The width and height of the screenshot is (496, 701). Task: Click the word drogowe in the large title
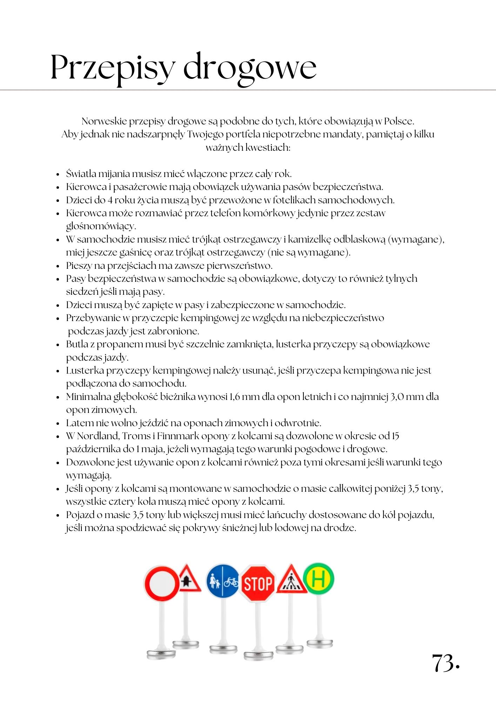coord(250,68)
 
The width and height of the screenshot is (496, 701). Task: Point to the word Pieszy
coord(79,266)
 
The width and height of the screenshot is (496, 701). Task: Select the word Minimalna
coord(88,397)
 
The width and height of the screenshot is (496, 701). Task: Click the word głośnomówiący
coord(101,226)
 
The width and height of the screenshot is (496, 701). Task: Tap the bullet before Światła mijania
coord(59,174)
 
